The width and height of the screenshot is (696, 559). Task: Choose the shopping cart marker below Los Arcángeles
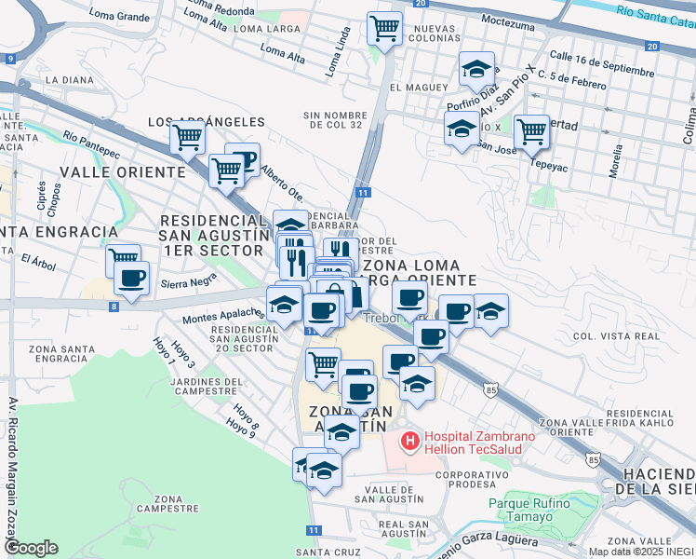coord(187,138)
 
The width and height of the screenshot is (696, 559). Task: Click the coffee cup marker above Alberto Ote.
coord(243,159)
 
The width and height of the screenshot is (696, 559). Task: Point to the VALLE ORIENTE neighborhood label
coord(123,172)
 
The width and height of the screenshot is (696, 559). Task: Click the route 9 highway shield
coord(10,59)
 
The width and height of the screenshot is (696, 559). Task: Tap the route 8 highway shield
coord(113,306)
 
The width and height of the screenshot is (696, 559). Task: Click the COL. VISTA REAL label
coord(617,335)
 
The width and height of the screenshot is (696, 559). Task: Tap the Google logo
coord(31,548)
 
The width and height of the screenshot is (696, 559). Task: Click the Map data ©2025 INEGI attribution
coord(641,552)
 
